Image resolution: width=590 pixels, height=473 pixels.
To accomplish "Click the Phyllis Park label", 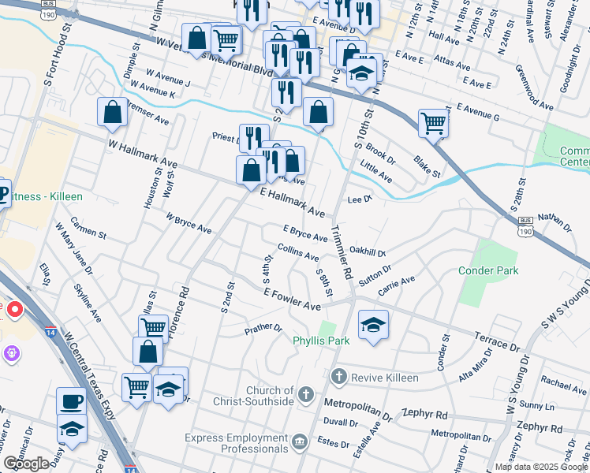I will pos(321,341).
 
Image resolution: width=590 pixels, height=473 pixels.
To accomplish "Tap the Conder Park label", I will pos(488,271).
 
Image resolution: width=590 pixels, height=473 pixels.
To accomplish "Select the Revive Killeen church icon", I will pos(339,378).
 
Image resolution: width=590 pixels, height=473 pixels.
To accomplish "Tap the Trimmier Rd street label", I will pos(342,251).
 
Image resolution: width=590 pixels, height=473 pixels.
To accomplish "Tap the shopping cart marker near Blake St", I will pos(434,122).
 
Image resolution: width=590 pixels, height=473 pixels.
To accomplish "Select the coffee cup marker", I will pos(71,400).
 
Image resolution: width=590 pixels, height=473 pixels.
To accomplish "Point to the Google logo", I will pos(26,464).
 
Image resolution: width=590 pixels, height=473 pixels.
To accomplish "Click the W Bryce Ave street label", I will pos(189,223).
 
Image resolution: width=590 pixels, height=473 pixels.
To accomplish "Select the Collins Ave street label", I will pos(298,253).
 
